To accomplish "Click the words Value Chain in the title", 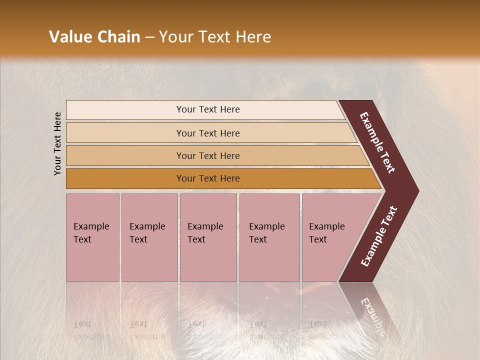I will [94, 37].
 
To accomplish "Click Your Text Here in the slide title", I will [215, 37].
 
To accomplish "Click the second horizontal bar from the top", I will [208, 133].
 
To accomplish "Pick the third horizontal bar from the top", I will [208, 155].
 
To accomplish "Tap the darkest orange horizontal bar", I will [208, 178].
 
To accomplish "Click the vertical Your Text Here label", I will [57, 143].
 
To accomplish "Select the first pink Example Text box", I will [92, 237].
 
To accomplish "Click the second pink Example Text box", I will [149, 237].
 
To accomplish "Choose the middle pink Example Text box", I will [208, 237].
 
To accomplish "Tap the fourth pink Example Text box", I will [269, 237].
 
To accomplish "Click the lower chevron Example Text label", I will [379, 236].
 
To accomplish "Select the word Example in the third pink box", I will [205, 226].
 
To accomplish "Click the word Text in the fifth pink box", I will [318, 239].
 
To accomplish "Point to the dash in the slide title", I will [149, 37].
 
